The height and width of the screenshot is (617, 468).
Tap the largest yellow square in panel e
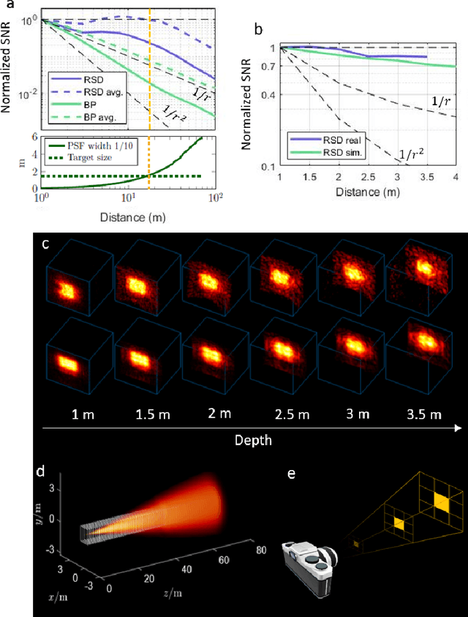(441, 501)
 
